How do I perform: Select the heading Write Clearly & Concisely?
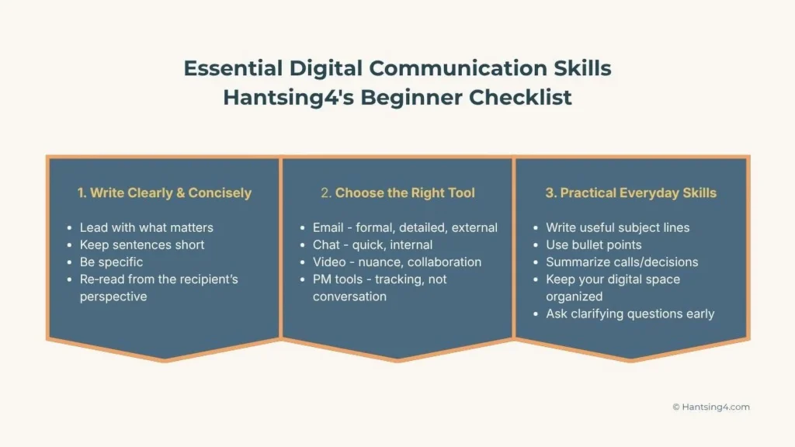(x=165, y=192)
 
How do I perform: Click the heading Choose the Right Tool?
(x=397, y=192)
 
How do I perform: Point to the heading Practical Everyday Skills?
(x=630, y=192)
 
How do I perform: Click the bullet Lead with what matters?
(x=146, y=227)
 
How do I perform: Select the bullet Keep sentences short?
(x=142, y=244)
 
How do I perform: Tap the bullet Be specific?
(x=111, y=262)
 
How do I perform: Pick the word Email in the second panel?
(x=328, y=227)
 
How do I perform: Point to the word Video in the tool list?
(x=329, y=262)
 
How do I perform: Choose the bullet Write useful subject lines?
(x=617, y=227)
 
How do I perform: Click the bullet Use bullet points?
(x=593, y=244)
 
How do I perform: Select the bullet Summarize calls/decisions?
(x=622, y=262)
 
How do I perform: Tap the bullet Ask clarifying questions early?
(x=630, y=314)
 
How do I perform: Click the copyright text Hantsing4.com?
(x=710, y=407)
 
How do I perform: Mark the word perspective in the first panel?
(x=113, y=296)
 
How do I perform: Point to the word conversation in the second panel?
(x=349, y=296)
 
